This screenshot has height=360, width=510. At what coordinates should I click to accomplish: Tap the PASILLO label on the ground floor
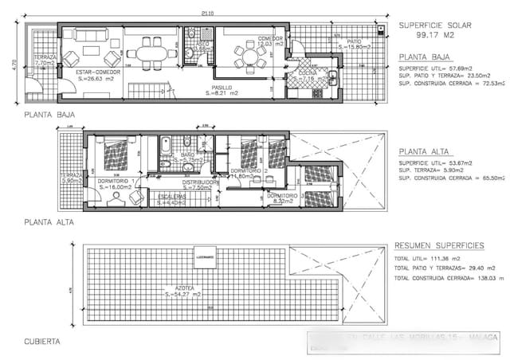coord(222,87)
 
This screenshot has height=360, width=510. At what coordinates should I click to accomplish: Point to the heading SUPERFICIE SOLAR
coord(435,25)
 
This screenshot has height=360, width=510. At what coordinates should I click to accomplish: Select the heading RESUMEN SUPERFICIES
coord(441,248)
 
